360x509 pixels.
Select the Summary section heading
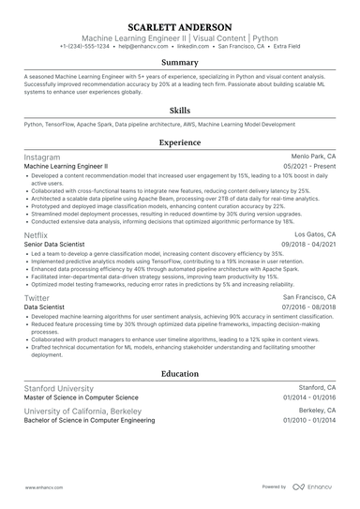[x=180, y=63]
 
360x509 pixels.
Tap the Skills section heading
[x=180, y=109]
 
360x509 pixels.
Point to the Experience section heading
[x=180, y=142]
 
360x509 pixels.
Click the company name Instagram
[x=42, y=157]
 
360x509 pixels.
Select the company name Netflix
[x=36, y=234]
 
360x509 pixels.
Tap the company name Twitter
[x=37, y=297]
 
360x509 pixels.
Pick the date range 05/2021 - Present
[x=314, y=167]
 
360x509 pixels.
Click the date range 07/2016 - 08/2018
[x=310, y=307]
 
